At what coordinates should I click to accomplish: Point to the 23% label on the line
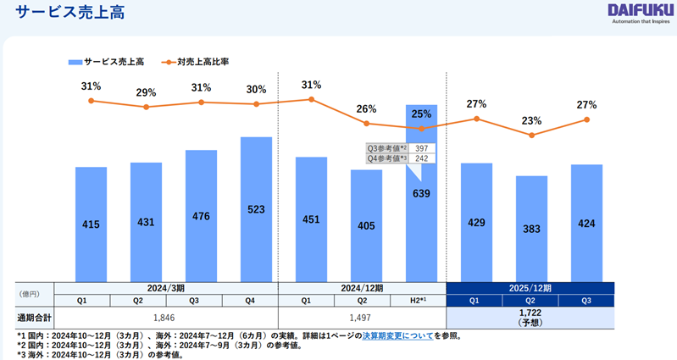[531, 120]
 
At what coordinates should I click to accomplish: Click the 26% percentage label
[366, 109]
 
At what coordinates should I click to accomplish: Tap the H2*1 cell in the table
[421, 300]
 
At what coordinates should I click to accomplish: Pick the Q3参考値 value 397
[421, 148]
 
